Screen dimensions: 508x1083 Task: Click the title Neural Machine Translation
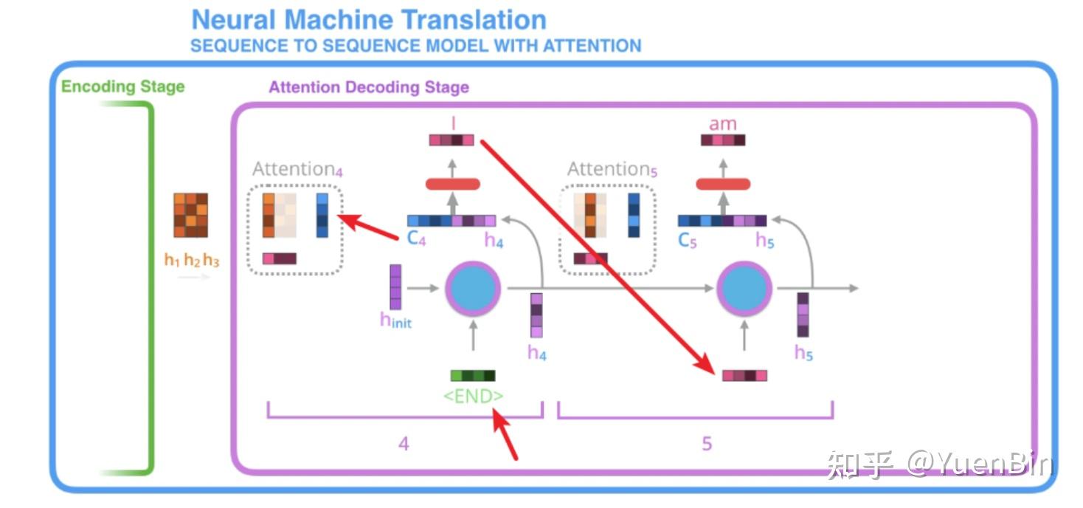369,19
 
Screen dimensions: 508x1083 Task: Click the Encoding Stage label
122,86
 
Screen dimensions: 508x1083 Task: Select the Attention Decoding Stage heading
368,87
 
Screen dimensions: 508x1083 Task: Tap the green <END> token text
473,397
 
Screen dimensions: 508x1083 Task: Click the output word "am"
722,123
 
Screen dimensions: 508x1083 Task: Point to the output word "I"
452,123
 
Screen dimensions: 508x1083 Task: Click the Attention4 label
297,169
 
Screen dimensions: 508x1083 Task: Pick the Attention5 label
612,169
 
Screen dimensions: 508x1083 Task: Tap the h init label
395,320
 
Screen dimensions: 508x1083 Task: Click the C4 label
417,239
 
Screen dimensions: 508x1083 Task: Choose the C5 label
687,240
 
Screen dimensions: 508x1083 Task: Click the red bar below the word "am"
723,184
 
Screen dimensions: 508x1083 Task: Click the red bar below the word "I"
453,184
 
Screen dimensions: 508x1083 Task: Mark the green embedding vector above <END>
473,376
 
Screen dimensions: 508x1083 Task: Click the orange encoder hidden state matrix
190,215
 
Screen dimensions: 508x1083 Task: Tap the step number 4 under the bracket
404,444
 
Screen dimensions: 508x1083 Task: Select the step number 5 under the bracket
707,444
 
